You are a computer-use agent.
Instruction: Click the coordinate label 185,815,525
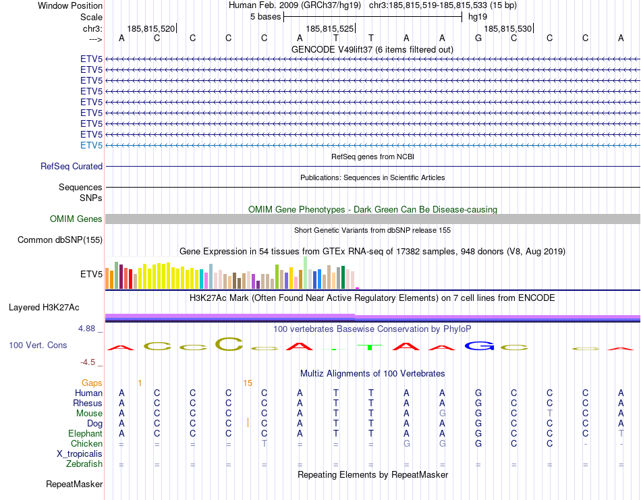coord(329,28)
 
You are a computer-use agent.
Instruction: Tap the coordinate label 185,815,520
coord(150,28)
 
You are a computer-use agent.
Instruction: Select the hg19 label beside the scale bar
coord(478,16)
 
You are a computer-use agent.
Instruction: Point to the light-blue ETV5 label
coord(91,145)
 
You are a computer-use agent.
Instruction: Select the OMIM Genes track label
coord(76,219)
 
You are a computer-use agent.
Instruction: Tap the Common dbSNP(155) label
coord(60,240)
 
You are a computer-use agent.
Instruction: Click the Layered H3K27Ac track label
coord(44,307)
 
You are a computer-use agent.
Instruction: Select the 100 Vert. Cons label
coord(38,345)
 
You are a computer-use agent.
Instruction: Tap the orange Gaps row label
coord(92,383)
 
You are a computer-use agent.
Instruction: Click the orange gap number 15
coord(248,383)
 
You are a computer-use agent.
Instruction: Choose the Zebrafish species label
coord(84,464)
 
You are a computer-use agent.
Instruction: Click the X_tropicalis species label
coord(80,454)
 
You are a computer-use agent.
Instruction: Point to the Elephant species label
coord(85,434)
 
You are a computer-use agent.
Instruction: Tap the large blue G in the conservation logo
coord(478,346)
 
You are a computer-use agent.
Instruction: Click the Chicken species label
coord(86,444)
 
